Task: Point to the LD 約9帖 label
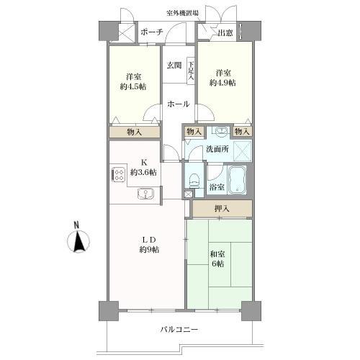point(149,244)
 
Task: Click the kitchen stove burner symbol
point(118,175)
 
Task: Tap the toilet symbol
point(194,177)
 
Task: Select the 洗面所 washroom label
point(217,148)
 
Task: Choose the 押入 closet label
point(222,209)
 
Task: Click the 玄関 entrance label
point(174,65)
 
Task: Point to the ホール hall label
point(178,104)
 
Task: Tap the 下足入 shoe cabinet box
point(192,69)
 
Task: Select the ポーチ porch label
point(152,32)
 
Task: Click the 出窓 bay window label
point(224,32)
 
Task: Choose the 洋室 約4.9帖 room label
point(224,77)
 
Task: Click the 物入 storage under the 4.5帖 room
point(134,132)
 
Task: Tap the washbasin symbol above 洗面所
point(220,132)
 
